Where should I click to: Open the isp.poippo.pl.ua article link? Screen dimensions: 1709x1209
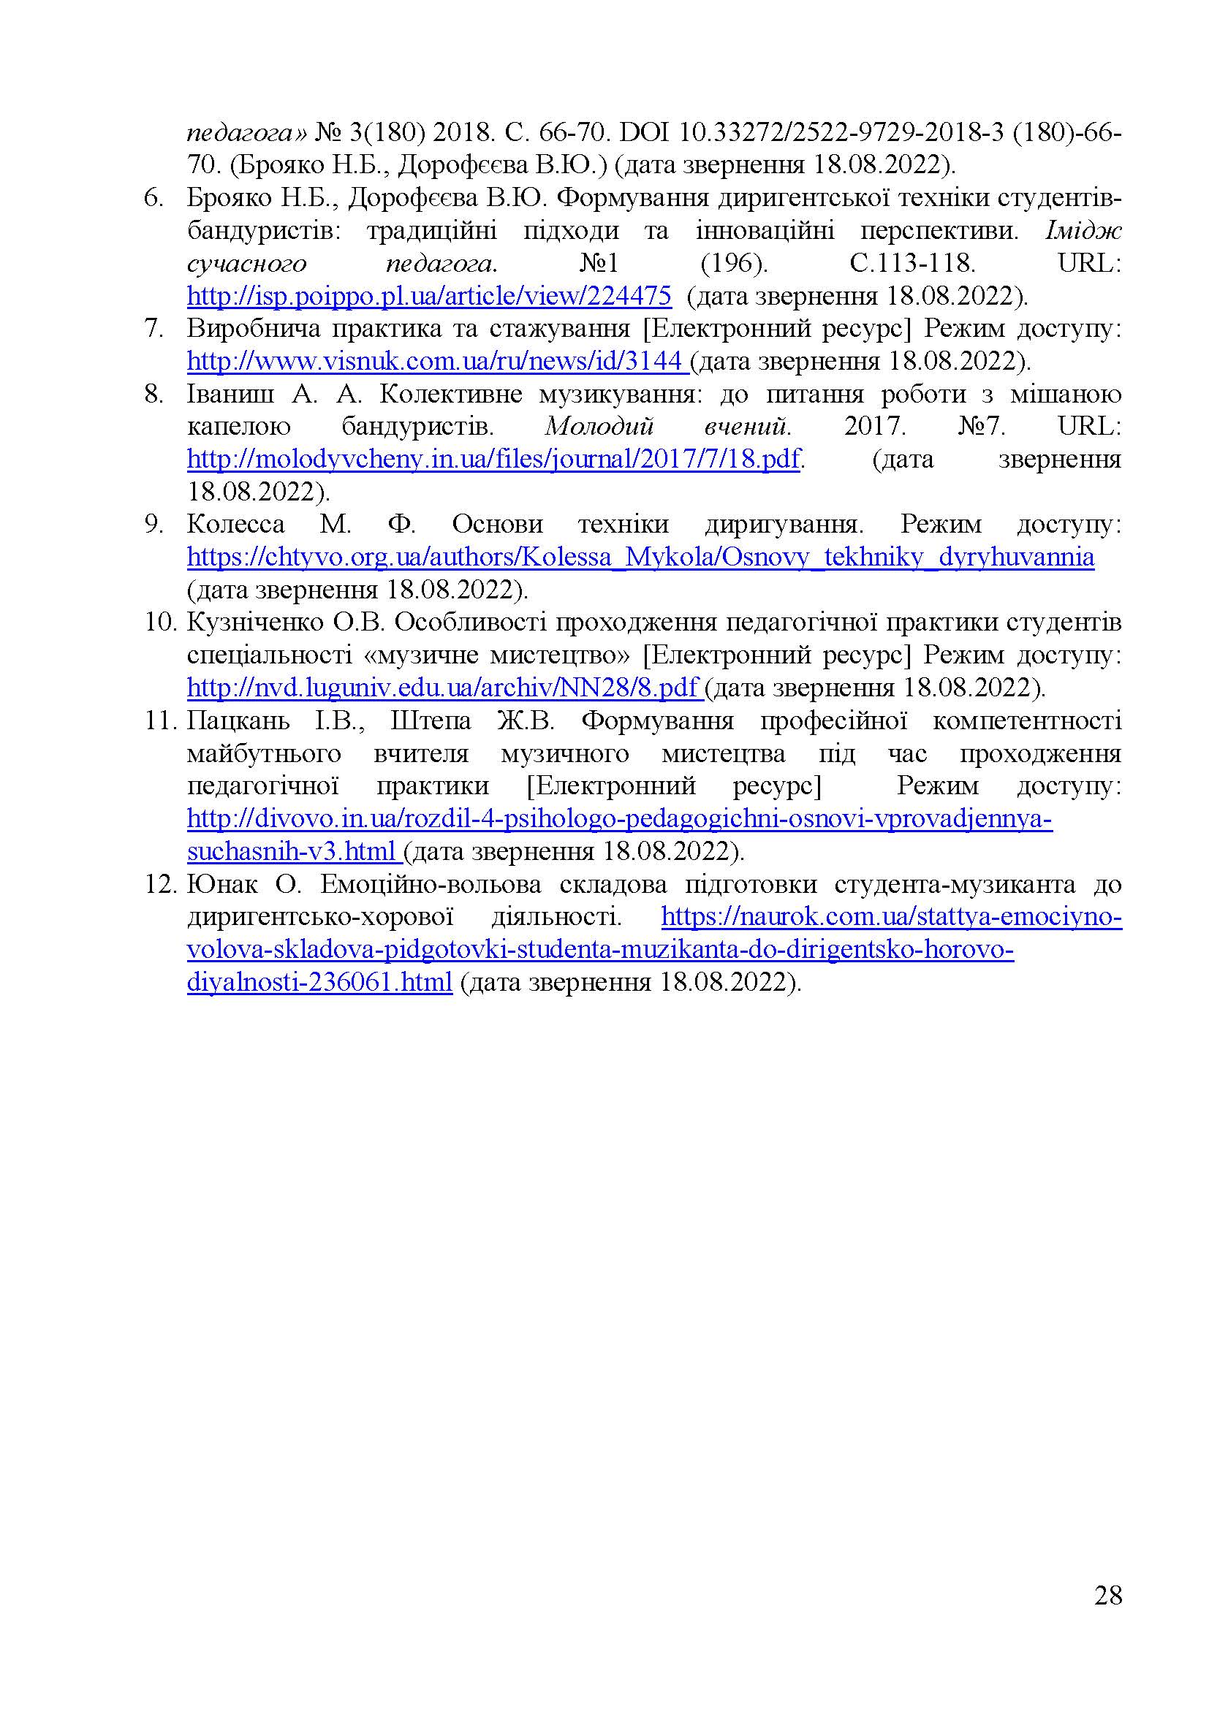[429, 296]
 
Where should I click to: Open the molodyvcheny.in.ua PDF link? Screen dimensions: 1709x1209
[493, 460]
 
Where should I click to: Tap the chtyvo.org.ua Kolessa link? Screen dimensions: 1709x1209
[640, 557]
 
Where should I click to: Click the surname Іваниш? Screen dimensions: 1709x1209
[230, 394]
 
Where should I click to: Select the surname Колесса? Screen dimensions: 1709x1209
[235, 525]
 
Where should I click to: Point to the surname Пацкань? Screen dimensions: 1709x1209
[240, 720]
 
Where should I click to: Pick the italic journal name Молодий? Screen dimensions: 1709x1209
[599, 427]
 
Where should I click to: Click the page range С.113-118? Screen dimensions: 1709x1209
[912, 264]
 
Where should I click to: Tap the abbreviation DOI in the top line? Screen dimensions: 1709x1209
[642, 133]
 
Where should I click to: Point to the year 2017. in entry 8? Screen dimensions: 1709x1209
[875, 427]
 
